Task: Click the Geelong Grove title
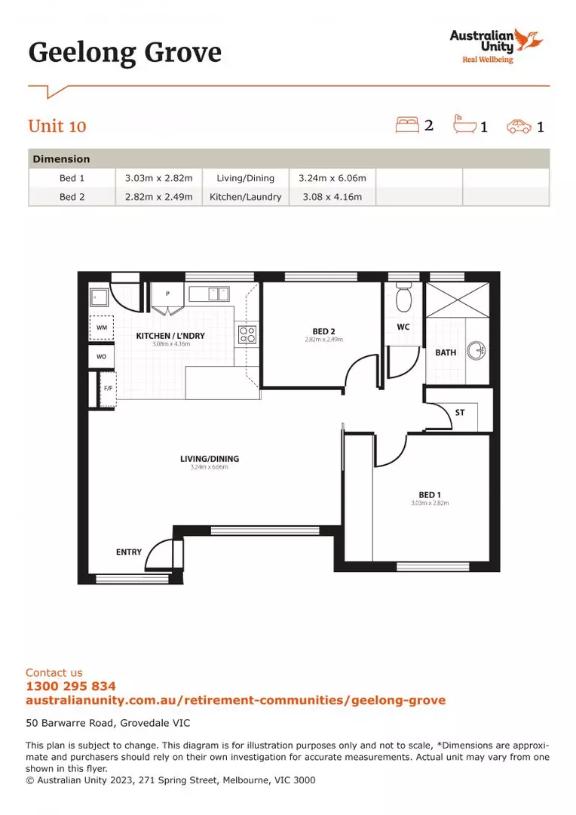point(125,53)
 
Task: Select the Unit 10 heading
point(57,126)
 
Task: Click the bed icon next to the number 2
point(406,125)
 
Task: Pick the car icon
point(519,126)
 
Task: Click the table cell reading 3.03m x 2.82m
point(158,178)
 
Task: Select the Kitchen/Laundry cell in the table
point(245,197)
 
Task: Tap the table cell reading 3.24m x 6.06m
point(332,178)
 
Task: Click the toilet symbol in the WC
point(404,298)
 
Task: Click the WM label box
point(102,328)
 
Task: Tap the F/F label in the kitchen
point(107,389)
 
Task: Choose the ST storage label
point(460,413)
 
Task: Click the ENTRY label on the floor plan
point(129,552)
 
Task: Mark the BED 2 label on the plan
point(323,331)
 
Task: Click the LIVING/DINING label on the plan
point(209,459)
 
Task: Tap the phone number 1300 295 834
point(71,686)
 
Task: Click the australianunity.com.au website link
point(235,700)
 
